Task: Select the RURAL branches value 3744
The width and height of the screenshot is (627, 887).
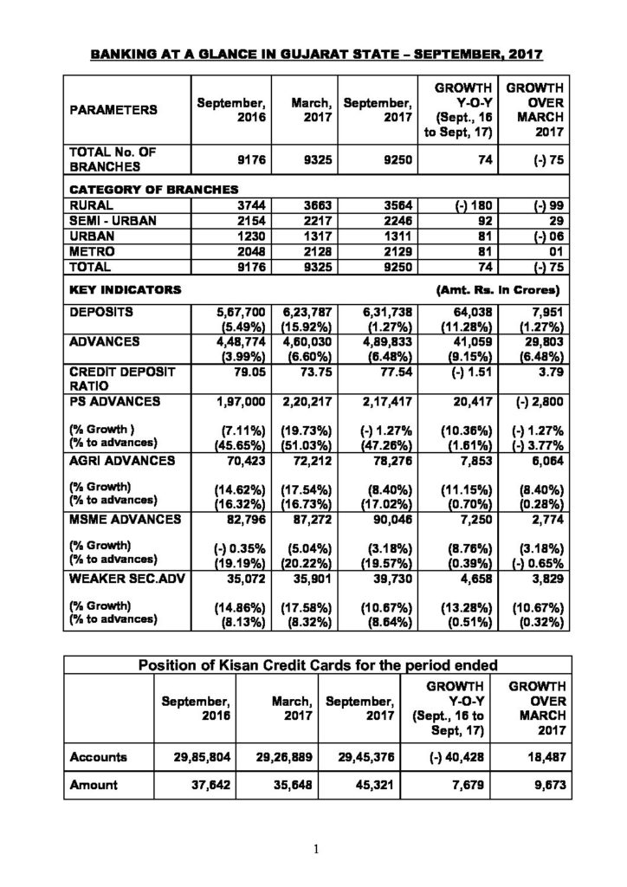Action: tap(229, 205)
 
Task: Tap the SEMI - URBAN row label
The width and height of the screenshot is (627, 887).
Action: tap(113, 221)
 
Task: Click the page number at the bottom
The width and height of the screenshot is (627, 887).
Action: tap(315, 850)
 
